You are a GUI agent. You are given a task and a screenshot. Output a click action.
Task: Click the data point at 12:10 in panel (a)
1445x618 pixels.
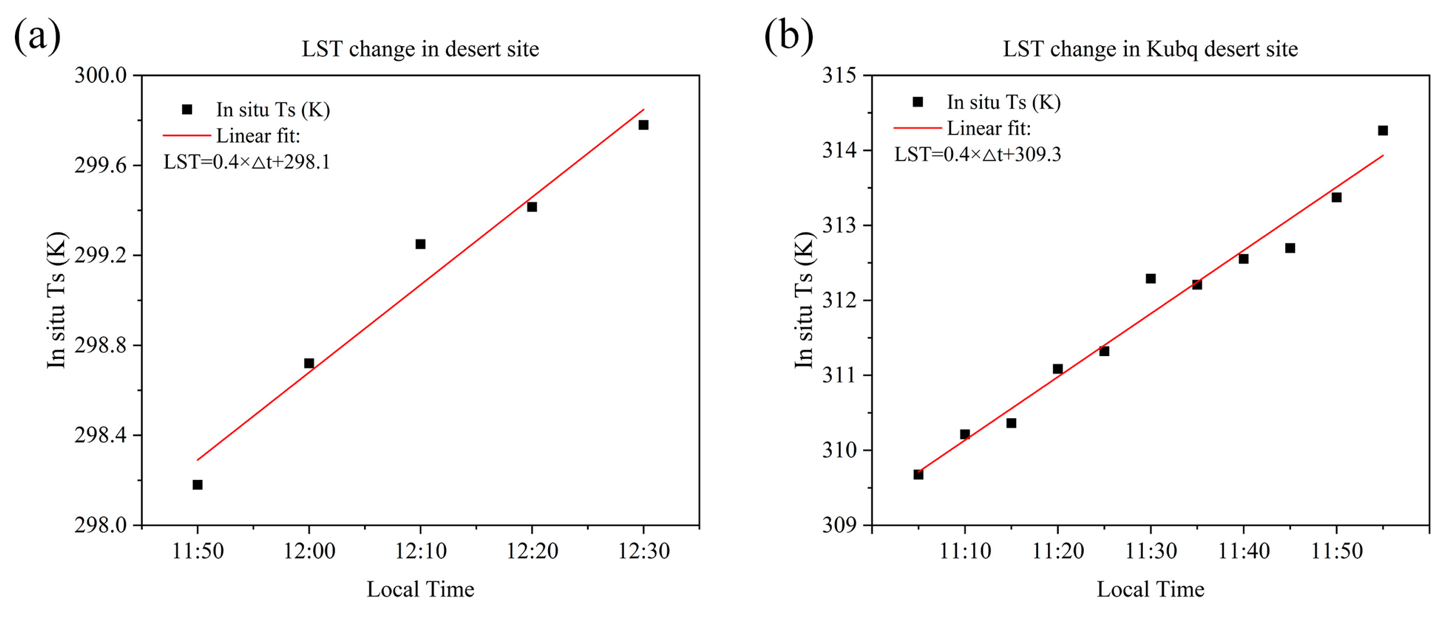[420, 244]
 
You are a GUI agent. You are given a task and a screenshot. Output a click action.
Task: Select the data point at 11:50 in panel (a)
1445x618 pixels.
[198, 484]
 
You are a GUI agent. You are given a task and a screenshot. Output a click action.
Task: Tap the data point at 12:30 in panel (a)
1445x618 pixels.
[643, 125]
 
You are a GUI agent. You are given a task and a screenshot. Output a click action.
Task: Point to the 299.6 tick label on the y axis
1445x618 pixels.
[101, 166]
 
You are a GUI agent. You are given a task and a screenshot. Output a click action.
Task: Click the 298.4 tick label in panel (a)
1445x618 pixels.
[101, 435]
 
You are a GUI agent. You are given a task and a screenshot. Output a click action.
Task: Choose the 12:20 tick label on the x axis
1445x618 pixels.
[532, 551]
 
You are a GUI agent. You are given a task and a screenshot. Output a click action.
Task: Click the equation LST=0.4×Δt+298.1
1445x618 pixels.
[247, 162]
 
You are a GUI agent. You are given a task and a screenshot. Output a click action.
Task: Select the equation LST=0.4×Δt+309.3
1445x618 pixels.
[977, 154]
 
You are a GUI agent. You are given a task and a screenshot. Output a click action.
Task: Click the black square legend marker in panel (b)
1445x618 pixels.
[917, 102]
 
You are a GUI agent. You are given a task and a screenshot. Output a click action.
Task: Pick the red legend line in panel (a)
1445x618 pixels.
[186, 135]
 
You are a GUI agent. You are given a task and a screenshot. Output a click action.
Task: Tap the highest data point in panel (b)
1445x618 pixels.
[1383, 130]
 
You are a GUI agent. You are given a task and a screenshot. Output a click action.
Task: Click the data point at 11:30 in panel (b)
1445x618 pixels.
[1151, 278]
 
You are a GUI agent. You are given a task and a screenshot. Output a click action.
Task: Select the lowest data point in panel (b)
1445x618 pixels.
[918, 474]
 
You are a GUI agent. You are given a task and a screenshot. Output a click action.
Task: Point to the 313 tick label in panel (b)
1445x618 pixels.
[839, 226]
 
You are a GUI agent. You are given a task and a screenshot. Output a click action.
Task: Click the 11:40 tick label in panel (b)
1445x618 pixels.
[1244, 551]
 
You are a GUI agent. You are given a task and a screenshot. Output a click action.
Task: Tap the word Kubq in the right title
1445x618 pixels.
[1173, 50]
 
